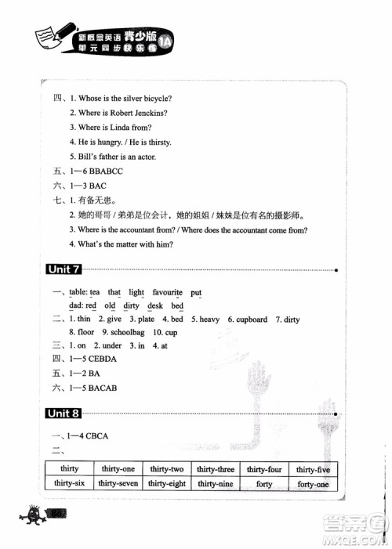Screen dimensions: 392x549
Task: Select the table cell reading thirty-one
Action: click(x=117, y=469)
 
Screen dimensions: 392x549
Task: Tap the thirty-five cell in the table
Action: click(x=312, y=469)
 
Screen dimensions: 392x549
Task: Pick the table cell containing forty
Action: click(x=264, y=484)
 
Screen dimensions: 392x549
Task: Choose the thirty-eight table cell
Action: click(x=167, y=484)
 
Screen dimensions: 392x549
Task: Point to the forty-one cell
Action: click(x=312, y=484)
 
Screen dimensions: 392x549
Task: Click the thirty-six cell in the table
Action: click(x=69, y=484)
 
